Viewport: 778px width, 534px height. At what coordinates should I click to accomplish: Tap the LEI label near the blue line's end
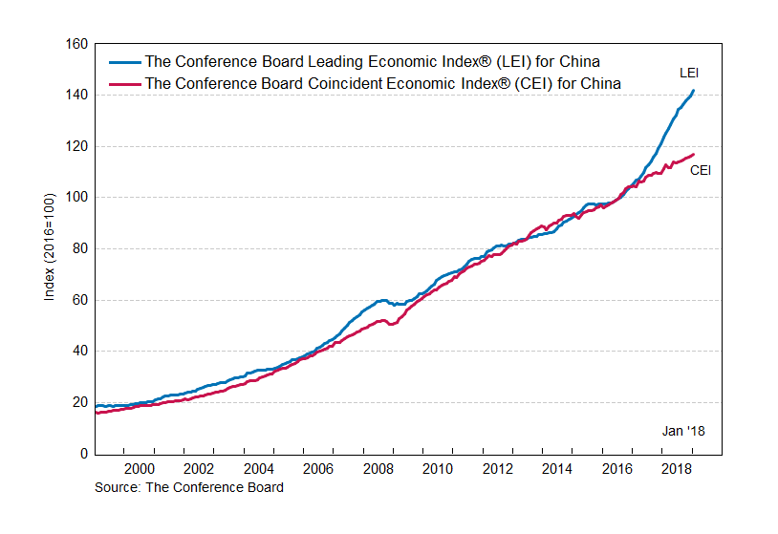(x=689, y=73)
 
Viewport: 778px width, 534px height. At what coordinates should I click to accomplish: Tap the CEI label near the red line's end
(x=700, y=171)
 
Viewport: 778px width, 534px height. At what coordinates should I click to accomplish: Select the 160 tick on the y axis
(x=76, y=44)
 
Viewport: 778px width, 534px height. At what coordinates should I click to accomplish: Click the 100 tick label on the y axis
(x=76, y=198)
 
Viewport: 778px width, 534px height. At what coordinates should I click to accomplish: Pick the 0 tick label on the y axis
(x=83, y=454)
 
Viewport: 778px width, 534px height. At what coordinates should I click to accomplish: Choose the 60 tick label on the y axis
(x=79, y=300)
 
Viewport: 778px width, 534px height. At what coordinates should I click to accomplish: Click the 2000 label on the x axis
(x=140, y=469)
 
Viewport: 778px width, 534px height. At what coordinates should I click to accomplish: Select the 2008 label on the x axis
(x=378, y=469)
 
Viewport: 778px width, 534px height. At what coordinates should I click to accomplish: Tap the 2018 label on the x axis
(x=677, y=469)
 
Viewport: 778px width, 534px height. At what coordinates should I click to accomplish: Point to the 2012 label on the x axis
(x=498, y=469)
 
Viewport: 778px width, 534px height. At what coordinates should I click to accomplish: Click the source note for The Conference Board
(x=189, y=487)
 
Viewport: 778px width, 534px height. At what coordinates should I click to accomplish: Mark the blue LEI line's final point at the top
(x=693, y=91)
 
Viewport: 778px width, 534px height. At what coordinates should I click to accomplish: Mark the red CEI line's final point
(x=693, y=155)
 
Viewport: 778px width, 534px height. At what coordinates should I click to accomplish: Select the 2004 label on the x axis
(x=259, y=469)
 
